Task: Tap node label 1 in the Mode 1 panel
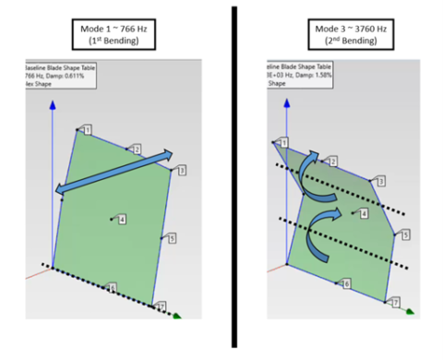[x=88, y=130]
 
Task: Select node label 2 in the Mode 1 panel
[x=135, y=149]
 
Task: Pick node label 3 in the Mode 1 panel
[x=182, y=171]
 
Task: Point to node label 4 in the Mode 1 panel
[x=122, y=219]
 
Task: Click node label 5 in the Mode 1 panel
[x=171, y=238]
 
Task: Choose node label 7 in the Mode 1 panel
[x=161, y=306]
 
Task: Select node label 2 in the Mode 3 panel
[x=333, y=162]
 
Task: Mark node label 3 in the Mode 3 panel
[x=380, y=181]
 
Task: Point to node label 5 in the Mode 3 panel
[x=404, y=235]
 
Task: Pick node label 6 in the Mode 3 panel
[x=346, y=284]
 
